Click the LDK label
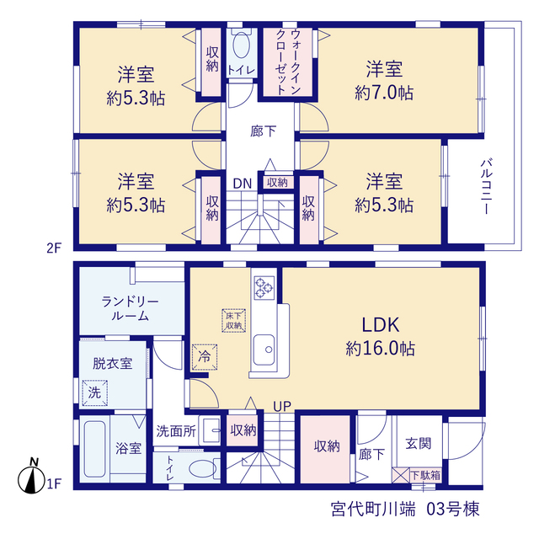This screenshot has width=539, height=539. (x=381, y=325)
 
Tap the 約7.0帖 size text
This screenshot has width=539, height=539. (x=384, y=93)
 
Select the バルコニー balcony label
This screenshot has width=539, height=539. (x=486, y=186)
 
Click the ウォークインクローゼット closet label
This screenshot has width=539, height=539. (x=288, y=62)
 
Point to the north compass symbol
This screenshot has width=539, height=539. (x=32, y=478)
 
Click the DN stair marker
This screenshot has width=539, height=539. (x=243, y=184)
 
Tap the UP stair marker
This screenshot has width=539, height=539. (x=282, y=407)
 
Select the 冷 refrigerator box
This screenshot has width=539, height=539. (x=205, y=357)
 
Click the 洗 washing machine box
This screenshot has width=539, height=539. (x=95, y=393)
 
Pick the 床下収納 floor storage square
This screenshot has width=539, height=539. (x=234, y=321)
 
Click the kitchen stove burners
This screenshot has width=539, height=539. (x=264, y=288)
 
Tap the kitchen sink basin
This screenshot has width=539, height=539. (x=264, y=350)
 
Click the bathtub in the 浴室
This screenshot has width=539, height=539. (x=94, y=449)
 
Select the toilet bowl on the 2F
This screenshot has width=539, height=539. (x=241, y=45)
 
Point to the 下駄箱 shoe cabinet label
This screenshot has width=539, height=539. (x=425, y=475)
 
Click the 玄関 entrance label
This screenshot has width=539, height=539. (x=418, y=444)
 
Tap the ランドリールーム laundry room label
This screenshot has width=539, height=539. (x=130, y=309)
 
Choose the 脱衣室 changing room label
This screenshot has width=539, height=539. (x=112, y=364)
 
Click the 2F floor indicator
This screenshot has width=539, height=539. (x=54, y=248)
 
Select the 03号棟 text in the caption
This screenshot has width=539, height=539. (x=453, y=509)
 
